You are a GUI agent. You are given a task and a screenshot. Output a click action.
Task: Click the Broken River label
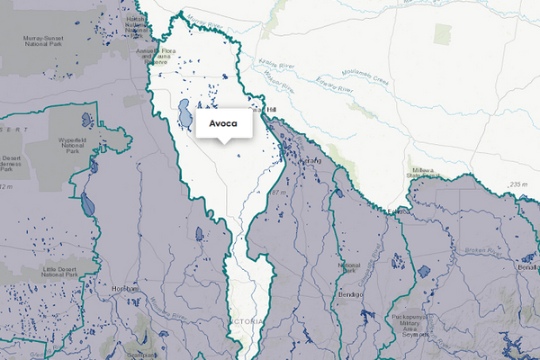pyautogui.click(x=474, y=249)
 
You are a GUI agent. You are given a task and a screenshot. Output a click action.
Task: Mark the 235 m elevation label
pyautogui.click(x=519, y=184)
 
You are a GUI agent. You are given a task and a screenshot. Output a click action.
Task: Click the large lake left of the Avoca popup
pyautogui.click(x=184, y=114)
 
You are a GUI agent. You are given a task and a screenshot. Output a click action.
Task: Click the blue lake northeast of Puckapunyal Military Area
pyautogui.click(x=424, y=271)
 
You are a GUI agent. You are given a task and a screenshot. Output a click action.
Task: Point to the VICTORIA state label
pyautogui.click(x=245, y=322)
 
